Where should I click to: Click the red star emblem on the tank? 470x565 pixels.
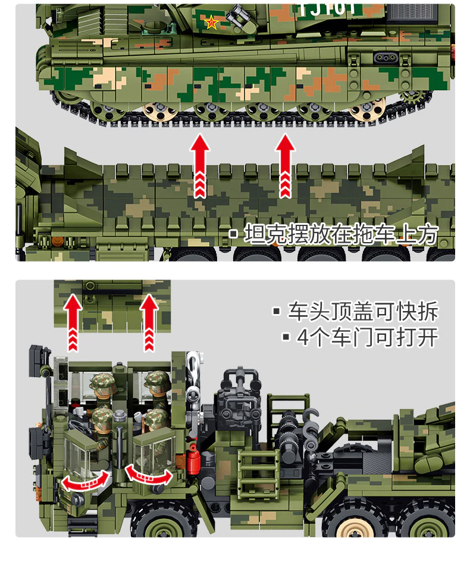click(x=211, y=23)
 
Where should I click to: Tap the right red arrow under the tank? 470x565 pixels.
click(x=286, y=165)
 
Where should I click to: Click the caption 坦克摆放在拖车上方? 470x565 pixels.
click(x=340, y=234)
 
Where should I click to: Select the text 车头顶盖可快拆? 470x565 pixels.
click(x=362, y=312)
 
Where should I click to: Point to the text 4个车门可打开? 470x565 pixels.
click(x=367, y=337)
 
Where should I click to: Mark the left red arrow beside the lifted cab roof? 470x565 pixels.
click(x=73, y=321)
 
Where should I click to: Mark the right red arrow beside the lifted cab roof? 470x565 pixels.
click(x=149, y=321)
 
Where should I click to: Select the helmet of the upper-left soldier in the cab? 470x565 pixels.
click(x=102, y=382)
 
